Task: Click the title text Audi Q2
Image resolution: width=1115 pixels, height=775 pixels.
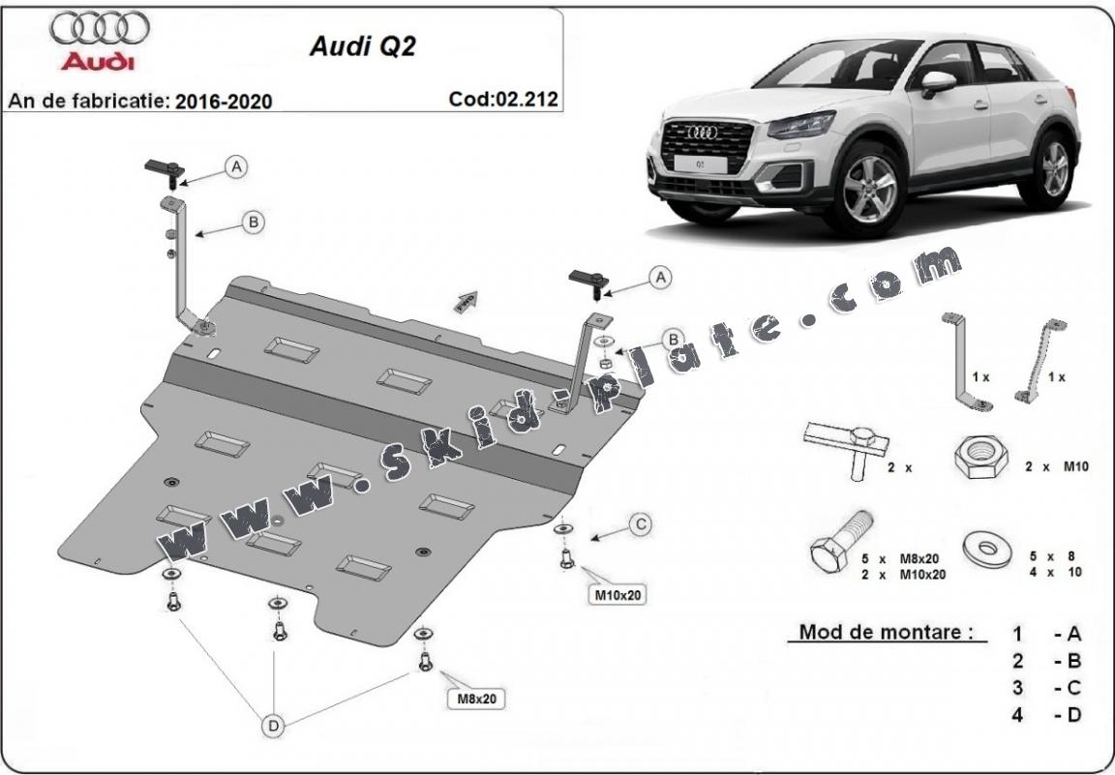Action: click(x=362, y=47)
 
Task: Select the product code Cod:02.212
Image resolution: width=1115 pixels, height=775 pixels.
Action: click(x=503, y=99)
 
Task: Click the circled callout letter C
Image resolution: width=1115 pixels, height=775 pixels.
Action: click(x=640, y=524)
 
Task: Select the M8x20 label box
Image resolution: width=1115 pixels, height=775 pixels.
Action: click(x=475, y=697)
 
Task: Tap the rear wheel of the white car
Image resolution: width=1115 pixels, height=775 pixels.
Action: click(x=1055, y=168)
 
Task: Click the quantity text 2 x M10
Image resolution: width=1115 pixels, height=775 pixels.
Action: click(x=1058, y=466)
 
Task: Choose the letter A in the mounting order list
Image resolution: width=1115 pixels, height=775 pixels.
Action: click(x=1072, y=635)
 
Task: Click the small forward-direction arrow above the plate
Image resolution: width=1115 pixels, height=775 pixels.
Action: click(x=466, y=301)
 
